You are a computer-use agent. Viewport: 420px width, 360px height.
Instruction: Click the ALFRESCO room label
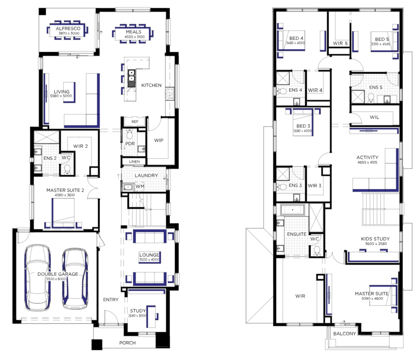(68, 28)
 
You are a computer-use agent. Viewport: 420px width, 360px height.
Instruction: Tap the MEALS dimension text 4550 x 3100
(134, 37)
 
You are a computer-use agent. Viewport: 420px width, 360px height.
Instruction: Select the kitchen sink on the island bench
(131, 78)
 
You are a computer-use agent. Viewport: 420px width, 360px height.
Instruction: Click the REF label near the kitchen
(135, 122)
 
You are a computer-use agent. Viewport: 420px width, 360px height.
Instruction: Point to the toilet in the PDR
(130, 134)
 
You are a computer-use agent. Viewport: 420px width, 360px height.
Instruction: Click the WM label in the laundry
(140, 186)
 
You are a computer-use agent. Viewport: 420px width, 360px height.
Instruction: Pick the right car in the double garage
(75, 279)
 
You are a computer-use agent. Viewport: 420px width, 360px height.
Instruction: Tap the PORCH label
(127, 343)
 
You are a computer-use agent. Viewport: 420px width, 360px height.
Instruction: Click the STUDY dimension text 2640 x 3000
(137, 316)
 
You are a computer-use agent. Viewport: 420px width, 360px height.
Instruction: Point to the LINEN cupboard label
(134, 161)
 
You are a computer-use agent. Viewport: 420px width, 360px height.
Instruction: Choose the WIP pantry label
(159, 140)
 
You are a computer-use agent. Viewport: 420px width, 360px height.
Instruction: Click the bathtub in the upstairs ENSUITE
(293, 210)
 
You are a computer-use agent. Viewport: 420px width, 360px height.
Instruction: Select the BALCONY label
(344, 334)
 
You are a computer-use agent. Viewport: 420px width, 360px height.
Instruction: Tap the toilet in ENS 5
(371, 97)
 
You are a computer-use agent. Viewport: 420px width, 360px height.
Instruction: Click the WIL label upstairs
(375, 117)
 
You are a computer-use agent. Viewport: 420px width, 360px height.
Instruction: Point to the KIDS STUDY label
(375, 239)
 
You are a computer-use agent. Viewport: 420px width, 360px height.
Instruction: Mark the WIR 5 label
(340, 44)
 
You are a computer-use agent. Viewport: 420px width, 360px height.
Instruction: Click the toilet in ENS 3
(281, 186)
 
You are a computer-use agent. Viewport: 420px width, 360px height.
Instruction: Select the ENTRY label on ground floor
(111, 299)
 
